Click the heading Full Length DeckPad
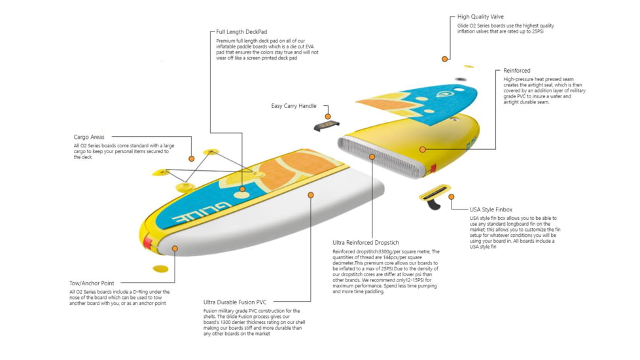241,31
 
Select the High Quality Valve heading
480,17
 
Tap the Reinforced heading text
517,71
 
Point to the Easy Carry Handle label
294,106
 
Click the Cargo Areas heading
89,137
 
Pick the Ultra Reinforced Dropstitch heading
366,243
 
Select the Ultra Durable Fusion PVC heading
235,302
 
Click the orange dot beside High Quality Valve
444,59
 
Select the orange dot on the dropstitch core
372,157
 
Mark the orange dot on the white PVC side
311,195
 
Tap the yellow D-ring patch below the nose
160,269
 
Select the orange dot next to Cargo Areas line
192,158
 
